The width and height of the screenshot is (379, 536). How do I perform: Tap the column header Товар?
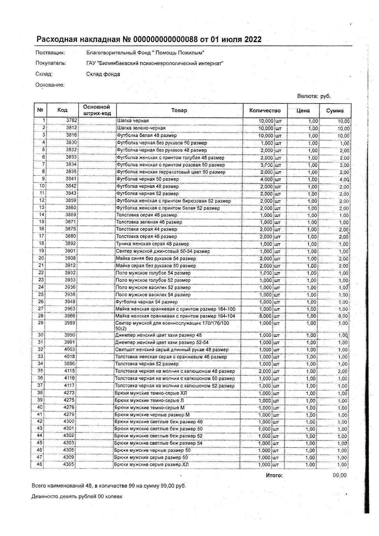(179, 110)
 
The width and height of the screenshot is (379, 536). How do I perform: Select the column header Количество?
(265, 111)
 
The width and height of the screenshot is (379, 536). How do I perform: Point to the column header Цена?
(303, 111)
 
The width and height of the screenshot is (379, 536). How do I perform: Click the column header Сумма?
(335, 111)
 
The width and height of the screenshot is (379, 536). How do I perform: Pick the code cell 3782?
(72, 121)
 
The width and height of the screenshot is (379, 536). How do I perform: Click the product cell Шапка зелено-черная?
(141, 128)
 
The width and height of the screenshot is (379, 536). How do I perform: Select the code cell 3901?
(70, 251)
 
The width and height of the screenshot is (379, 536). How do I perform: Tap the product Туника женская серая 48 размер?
(152, 244)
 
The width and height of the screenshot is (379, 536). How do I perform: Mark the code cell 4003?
(69, 349)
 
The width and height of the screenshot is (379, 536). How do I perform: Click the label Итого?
(274, 475)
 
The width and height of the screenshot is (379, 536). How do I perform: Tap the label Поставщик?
(50, 53)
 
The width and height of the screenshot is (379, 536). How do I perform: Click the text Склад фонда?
(103, 74)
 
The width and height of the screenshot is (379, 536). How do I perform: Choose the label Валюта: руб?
(314, 96)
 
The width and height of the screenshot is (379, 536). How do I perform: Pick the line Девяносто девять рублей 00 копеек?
(77, 496)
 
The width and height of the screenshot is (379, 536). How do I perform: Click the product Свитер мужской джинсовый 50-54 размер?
(163, 251)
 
